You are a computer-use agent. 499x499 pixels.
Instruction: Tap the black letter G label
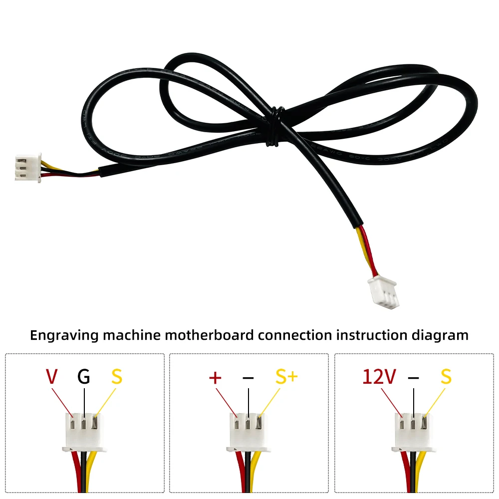coord(84,377)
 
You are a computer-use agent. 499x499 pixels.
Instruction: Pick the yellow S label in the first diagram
coord(116,377)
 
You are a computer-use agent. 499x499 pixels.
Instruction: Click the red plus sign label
coord(215,377)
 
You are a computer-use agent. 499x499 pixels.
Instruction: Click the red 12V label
coord(379,377)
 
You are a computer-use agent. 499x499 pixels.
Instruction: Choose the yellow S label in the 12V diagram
coord(446,377)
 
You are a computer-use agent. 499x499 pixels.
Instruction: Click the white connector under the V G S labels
coord(85,432)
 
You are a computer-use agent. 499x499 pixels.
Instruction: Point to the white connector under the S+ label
coord(249,432)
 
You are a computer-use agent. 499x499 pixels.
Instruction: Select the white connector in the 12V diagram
coord(414,432)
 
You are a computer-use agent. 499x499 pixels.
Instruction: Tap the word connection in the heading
coord(294,335)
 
